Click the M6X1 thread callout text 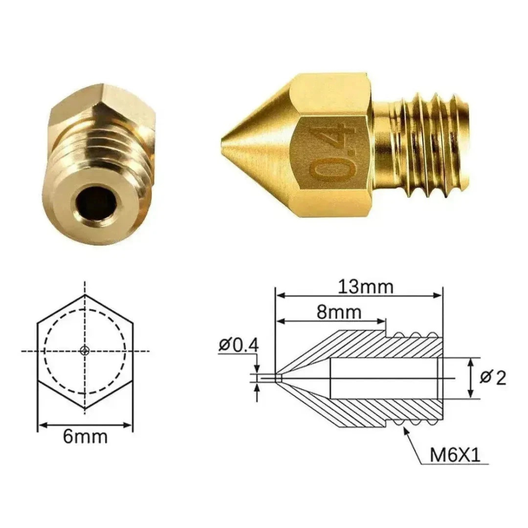pyautogui.click(x=455, y=455)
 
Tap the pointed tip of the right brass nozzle pyautogui.click(x=223, y=142)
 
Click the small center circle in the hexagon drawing pyautogui.click(x=84, y=351)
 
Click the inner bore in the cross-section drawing pyautogui.click(x=383, y=378)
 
